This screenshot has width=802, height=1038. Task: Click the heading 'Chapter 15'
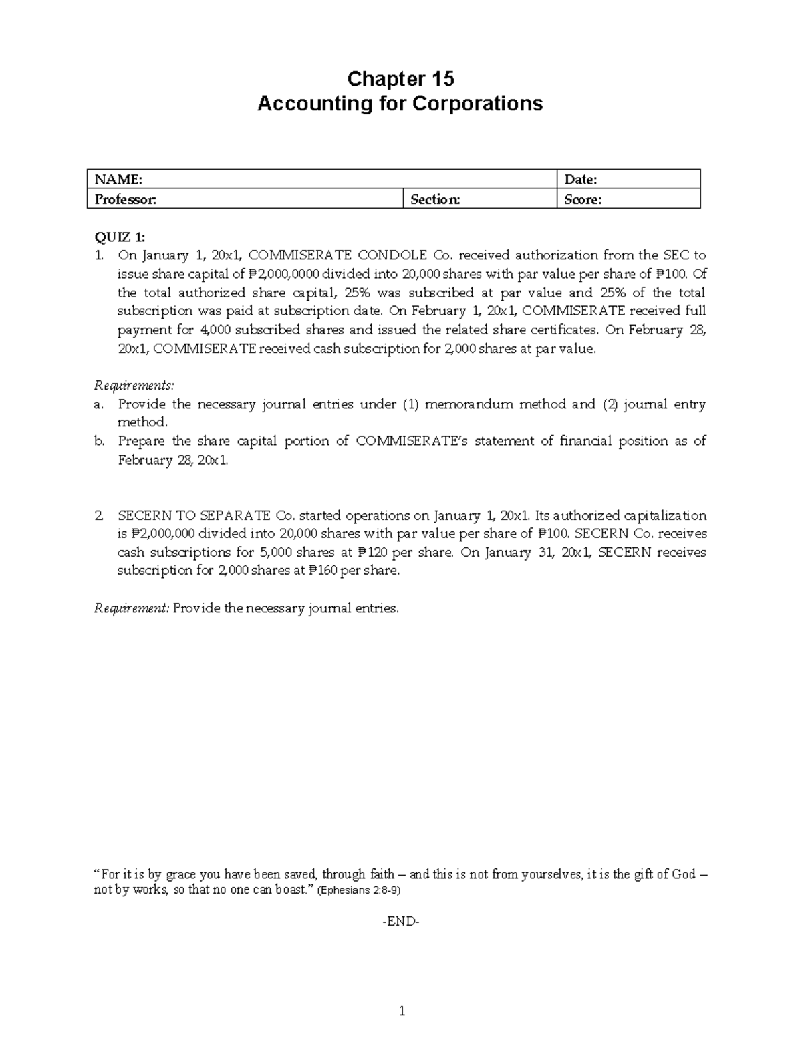[x=400, y=79]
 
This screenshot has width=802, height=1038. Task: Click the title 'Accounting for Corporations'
[x=400, y=104]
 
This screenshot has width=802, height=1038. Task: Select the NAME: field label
[x=118, y=179]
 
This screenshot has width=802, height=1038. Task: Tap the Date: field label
[x=580, y=179]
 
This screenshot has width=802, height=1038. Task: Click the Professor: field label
[x=125, y=199]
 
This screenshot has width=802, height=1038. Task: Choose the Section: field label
[x=435, y=199]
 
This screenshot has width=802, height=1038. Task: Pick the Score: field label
[x=583, y=199]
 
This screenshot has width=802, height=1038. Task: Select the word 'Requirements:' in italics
[x=134, y=386]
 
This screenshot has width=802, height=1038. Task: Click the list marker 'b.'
[x=100, y=441]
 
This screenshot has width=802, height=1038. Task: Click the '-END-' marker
[x=400, y=922]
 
